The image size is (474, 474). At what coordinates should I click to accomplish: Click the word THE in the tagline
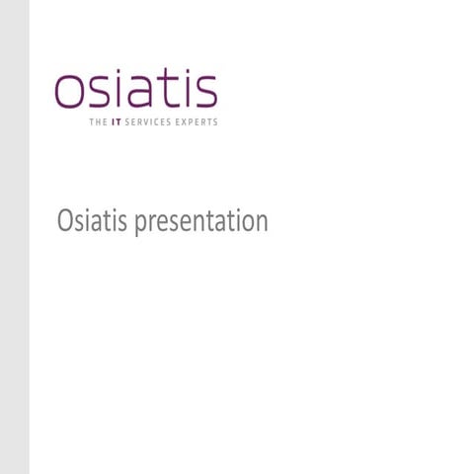pos(97,122)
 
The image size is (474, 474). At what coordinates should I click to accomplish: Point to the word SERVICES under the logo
pos(147,122)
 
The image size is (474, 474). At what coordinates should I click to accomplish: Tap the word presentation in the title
pos(201,223)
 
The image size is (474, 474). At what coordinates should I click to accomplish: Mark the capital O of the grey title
pos(65,221)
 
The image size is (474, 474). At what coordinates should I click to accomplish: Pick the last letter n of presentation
pos(262,223)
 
